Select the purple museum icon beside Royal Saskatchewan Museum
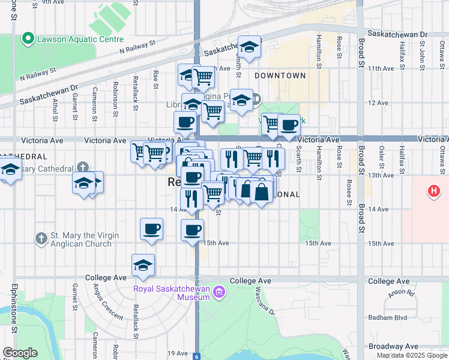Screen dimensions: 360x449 point(219,292)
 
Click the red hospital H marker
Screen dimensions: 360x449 point(434,192)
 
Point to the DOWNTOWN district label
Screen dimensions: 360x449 point(280,76)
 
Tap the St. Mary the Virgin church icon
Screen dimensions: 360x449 point(41,239)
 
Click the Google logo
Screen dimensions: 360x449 point(19,353)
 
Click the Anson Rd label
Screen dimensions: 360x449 point(403,293)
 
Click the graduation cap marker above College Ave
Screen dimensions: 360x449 point(143,265)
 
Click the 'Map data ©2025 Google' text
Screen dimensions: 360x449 point(412,355)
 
